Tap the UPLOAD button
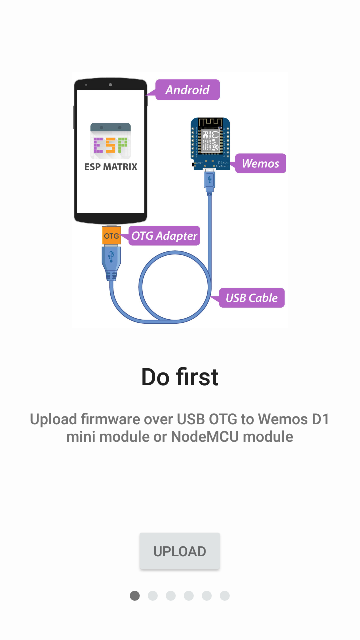tap(180, 551)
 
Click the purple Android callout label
tap(187, 90)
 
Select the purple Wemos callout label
tap(260, 163)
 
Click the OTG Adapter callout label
tap(164, 236)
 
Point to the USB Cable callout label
tap(251, 298)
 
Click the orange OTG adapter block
tap(111, 236)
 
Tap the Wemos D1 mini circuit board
tap(210, 143)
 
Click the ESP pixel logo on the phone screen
tap(110, 145)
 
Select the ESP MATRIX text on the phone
tap(110, 167)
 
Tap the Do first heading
tap(180, 377)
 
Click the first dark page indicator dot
tap(135, 596)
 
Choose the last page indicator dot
tap(225, 596)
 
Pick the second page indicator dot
tap(153, 596)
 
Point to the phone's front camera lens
tap(110, 85)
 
